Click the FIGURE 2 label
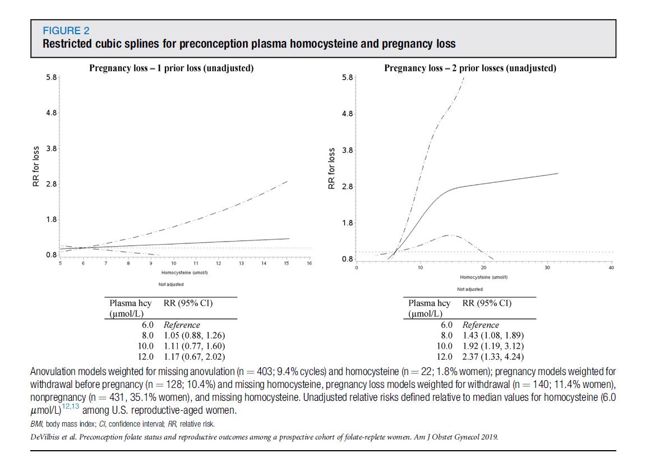[66, 31]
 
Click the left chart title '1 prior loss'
[171, 68]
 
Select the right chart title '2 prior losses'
[470, 68]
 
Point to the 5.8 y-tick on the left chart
[51, 77]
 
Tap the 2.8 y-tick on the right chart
[347, 187]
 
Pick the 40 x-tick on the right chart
[611, 268]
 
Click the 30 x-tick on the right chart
[548, 268]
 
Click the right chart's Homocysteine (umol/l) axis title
[484, 277]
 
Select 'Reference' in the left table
[182, 325]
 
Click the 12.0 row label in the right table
[445, 356]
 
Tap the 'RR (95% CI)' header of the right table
[487, 303]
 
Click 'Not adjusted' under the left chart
[171, 285]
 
